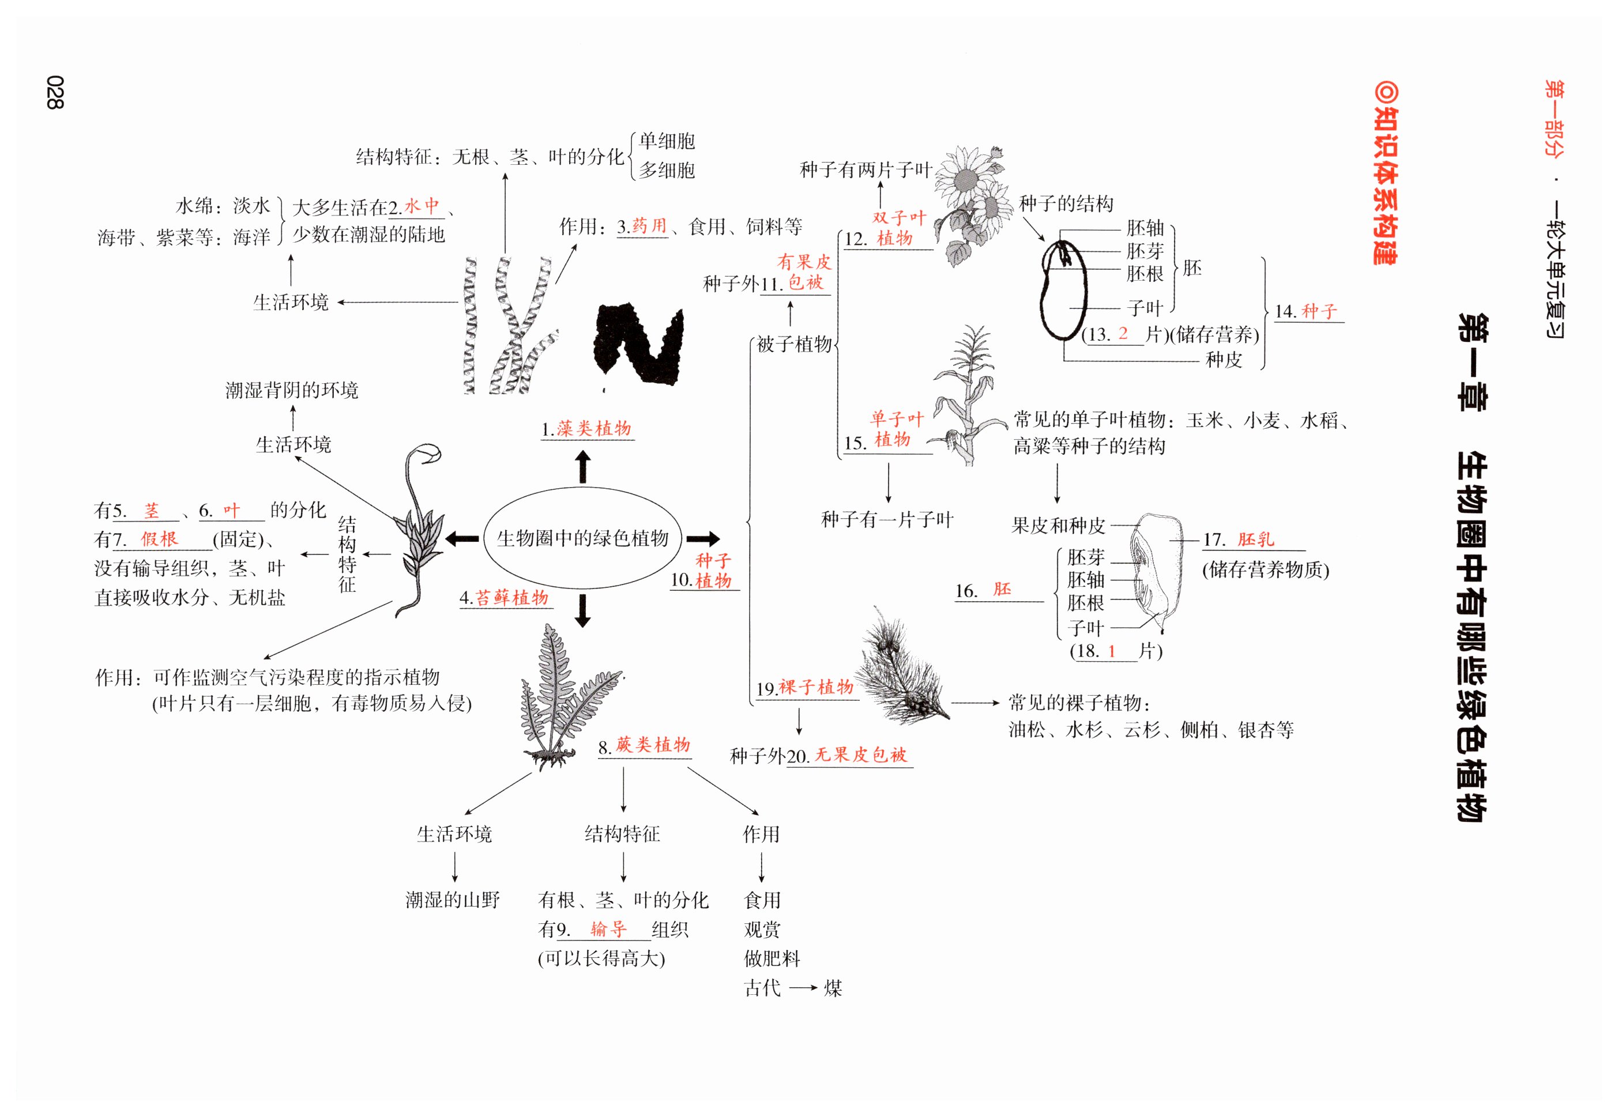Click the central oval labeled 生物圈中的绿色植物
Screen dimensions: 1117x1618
pyautogui.click(x=582, y=538)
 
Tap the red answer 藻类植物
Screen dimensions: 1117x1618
pyautogui.click(x=594, y=428)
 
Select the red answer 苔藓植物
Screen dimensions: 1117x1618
pyautogui.click(x=512, y=598)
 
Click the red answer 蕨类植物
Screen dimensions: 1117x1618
pyautogui.click(x=653, y=745)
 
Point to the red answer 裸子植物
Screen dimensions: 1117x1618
pyautogui.click(x=816, y=687)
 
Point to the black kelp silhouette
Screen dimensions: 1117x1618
pyautogui.click(x=637, y=343)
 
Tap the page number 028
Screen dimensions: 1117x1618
pyautogui.click(x=55, y=92)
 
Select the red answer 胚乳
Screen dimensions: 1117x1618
pyautogui.click(x=1255, y=539)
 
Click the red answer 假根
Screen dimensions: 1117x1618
pyautogui.click(x=160, y=539)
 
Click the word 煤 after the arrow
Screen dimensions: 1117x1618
pyautogui.click(x=833, y=988)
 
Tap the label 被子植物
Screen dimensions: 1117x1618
pyautogui.click(x=794, y=344)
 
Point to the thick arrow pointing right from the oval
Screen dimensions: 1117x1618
pyautogui.click(x=702, y=539)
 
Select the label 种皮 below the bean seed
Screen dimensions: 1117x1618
pyautogui.click(x=1223, y=360)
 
